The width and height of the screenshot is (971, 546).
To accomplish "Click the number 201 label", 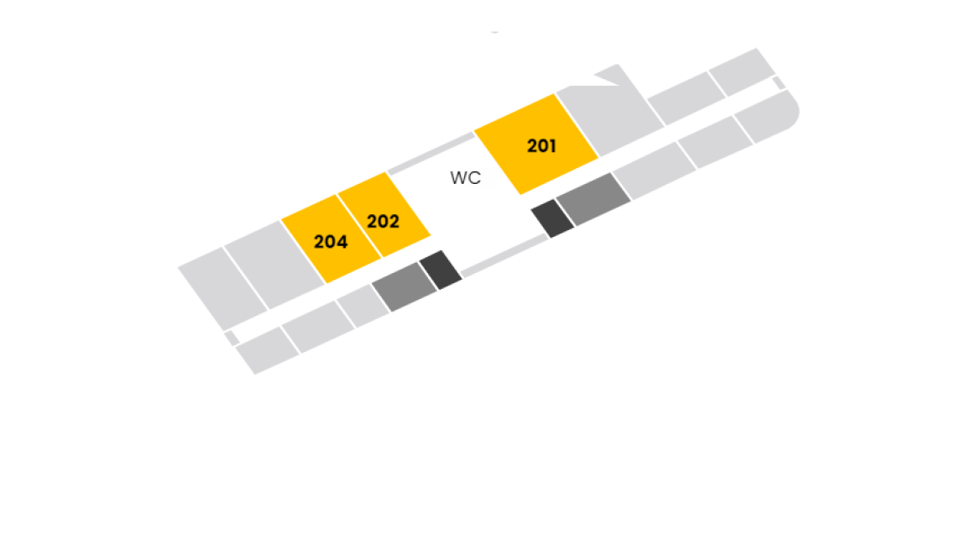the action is pyautogui.click(x=541, y=145).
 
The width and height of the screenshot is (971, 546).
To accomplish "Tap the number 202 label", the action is pyautogui.click(x=383, y=221).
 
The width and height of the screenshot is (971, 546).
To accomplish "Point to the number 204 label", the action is pyautogui.click(x=331, y=242).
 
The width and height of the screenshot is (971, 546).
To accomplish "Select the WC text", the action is pyautogui.click(x=466, y=178).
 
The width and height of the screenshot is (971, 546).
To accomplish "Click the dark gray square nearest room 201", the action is pyautogui.click(x=552, y=218).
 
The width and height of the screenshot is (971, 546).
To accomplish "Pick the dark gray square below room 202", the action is pyautogui.click(x=441, y=270).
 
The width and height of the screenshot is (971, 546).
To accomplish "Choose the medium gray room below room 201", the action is pyautogui.click(x=593, y=198).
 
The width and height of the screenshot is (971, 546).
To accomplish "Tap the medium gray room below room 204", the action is pyautogui.click(x=405, y=287).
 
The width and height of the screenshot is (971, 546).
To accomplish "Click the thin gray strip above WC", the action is pyautogui.click(x=431, y=153).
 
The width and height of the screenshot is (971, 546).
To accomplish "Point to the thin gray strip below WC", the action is pyautogui.click(x=504, y=255).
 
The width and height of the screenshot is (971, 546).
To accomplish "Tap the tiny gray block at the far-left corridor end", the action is pyautogui.click(x=232, y=338).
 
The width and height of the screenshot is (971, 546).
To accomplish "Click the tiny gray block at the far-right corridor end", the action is pyautogui.click(x=779, y=82).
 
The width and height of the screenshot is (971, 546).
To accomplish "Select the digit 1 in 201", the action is pyautogui.click(x=552, y=145).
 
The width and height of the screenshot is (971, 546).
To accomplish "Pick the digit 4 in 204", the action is pyautogui.click(x=342, y=242).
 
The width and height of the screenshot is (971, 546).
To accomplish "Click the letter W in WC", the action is pyautogui.click(x=459, y=178).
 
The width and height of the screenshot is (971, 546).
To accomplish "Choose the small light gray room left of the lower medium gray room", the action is pyautogui.click(x=363, y=306).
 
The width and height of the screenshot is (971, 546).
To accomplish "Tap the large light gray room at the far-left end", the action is pyautogui.click(x=223, y=289).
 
